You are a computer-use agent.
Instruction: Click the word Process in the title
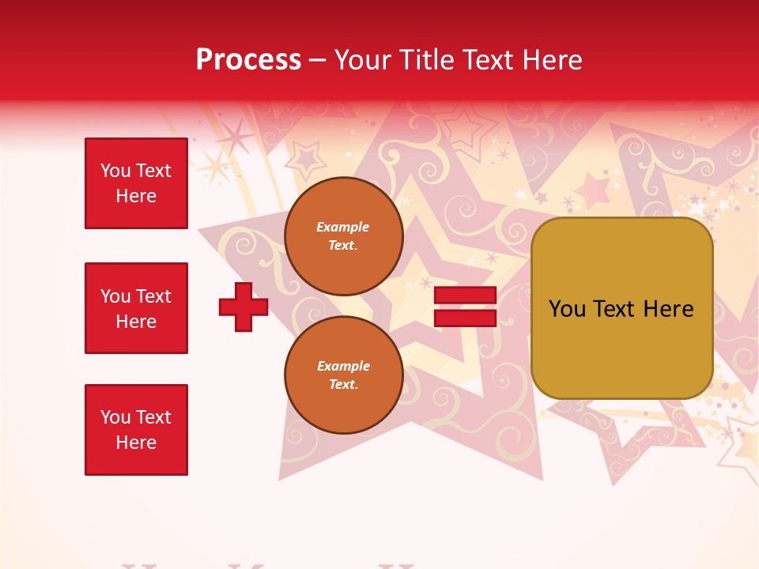248,60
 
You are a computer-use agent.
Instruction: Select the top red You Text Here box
136,183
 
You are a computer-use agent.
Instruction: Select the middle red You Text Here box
136,308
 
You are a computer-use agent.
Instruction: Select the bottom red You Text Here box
136,430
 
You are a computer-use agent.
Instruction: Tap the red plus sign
244,307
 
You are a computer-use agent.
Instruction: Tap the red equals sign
465,307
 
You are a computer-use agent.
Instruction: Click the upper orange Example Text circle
343,236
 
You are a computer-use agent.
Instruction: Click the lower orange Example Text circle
343,375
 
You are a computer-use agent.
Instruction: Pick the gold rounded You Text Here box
621,308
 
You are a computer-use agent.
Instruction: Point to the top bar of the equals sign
465,296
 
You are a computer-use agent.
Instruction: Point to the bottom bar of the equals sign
465,318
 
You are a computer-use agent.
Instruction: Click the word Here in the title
553,60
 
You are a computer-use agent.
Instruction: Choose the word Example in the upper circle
343,228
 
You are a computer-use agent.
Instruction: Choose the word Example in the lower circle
343,367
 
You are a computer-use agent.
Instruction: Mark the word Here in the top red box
136,196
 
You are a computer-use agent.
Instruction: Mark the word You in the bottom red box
115,417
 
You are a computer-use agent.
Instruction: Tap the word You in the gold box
567,309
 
